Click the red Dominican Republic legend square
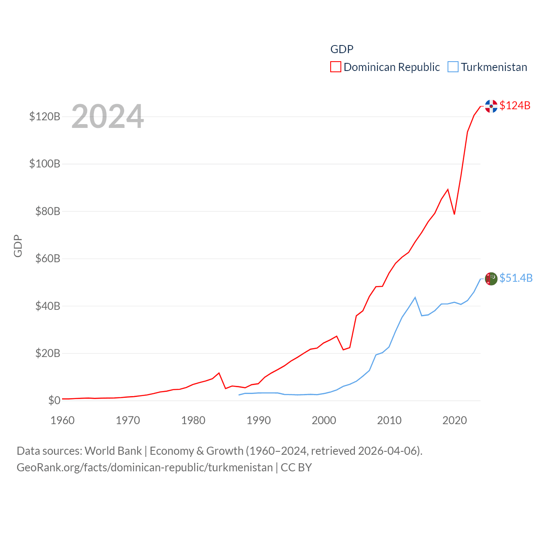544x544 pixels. (336, 67)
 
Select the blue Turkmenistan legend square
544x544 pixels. (453, 67)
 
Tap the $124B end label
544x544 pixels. (515, 105)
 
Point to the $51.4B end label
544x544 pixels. (516, 278)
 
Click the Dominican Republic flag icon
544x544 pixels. (491, 106)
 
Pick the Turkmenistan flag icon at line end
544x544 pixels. (491, 279)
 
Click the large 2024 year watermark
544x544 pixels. (108, 116)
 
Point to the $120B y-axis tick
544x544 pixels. (45, 116)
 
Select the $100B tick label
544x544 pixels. (45, 164)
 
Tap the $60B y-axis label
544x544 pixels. (48, 258)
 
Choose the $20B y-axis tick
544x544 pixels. (48, 353)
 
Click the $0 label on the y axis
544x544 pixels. (54, 400)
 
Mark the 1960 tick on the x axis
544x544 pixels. (62, 420)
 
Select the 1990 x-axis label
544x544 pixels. (258, 420)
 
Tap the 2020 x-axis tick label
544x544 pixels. (454, 420)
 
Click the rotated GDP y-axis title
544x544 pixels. (18, 246)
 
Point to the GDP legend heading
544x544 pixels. (342, 49)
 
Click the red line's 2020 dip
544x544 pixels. (454, 214)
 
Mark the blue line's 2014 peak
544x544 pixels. (415, 297)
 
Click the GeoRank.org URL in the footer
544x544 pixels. (144, 467)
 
